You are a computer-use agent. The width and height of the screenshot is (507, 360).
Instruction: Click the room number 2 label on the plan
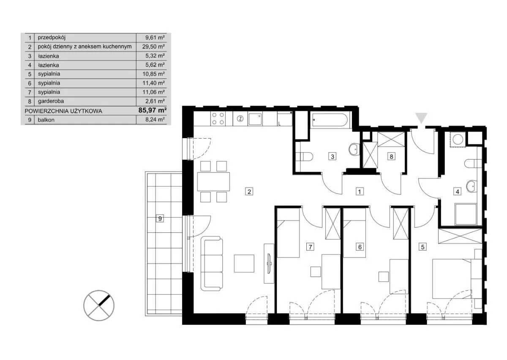(249, 191)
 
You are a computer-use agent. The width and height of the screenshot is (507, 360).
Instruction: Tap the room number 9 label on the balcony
(160, 218)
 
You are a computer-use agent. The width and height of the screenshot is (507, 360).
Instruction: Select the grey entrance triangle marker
(421, 118)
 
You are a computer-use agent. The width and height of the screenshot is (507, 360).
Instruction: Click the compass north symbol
(99, 305)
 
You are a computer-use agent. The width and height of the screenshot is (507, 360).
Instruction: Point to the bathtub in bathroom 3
(330, 120)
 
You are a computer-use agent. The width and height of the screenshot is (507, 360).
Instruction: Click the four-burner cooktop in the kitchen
(218, 119)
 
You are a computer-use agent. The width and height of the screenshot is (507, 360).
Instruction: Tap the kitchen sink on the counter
(255, 119)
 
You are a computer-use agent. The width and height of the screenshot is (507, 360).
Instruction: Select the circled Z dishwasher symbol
(240, 118)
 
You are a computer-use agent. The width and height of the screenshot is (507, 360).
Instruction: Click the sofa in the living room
(212, 264)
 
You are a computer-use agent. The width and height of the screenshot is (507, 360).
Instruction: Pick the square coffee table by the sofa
(244, 263)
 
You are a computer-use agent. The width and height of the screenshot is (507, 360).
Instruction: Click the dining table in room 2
(213, 182)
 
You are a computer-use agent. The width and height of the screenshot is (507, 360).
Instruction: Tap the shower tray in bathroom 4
(466, 214)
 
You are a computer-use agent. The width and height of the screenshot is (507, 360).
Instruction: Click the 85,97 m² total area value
(153, 110)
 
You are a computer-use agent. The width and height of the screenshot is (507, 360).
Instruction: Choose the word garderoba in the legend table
(51, 101)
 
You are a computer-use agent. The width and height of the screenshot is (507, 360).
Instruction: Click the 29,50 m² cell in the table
(153, 46)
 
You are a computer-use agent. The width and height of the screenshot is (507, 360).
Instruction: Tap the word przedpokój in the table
(52, 38)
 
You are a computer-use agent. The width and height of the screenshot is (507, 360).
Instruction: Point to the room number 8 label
(391, 156)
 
